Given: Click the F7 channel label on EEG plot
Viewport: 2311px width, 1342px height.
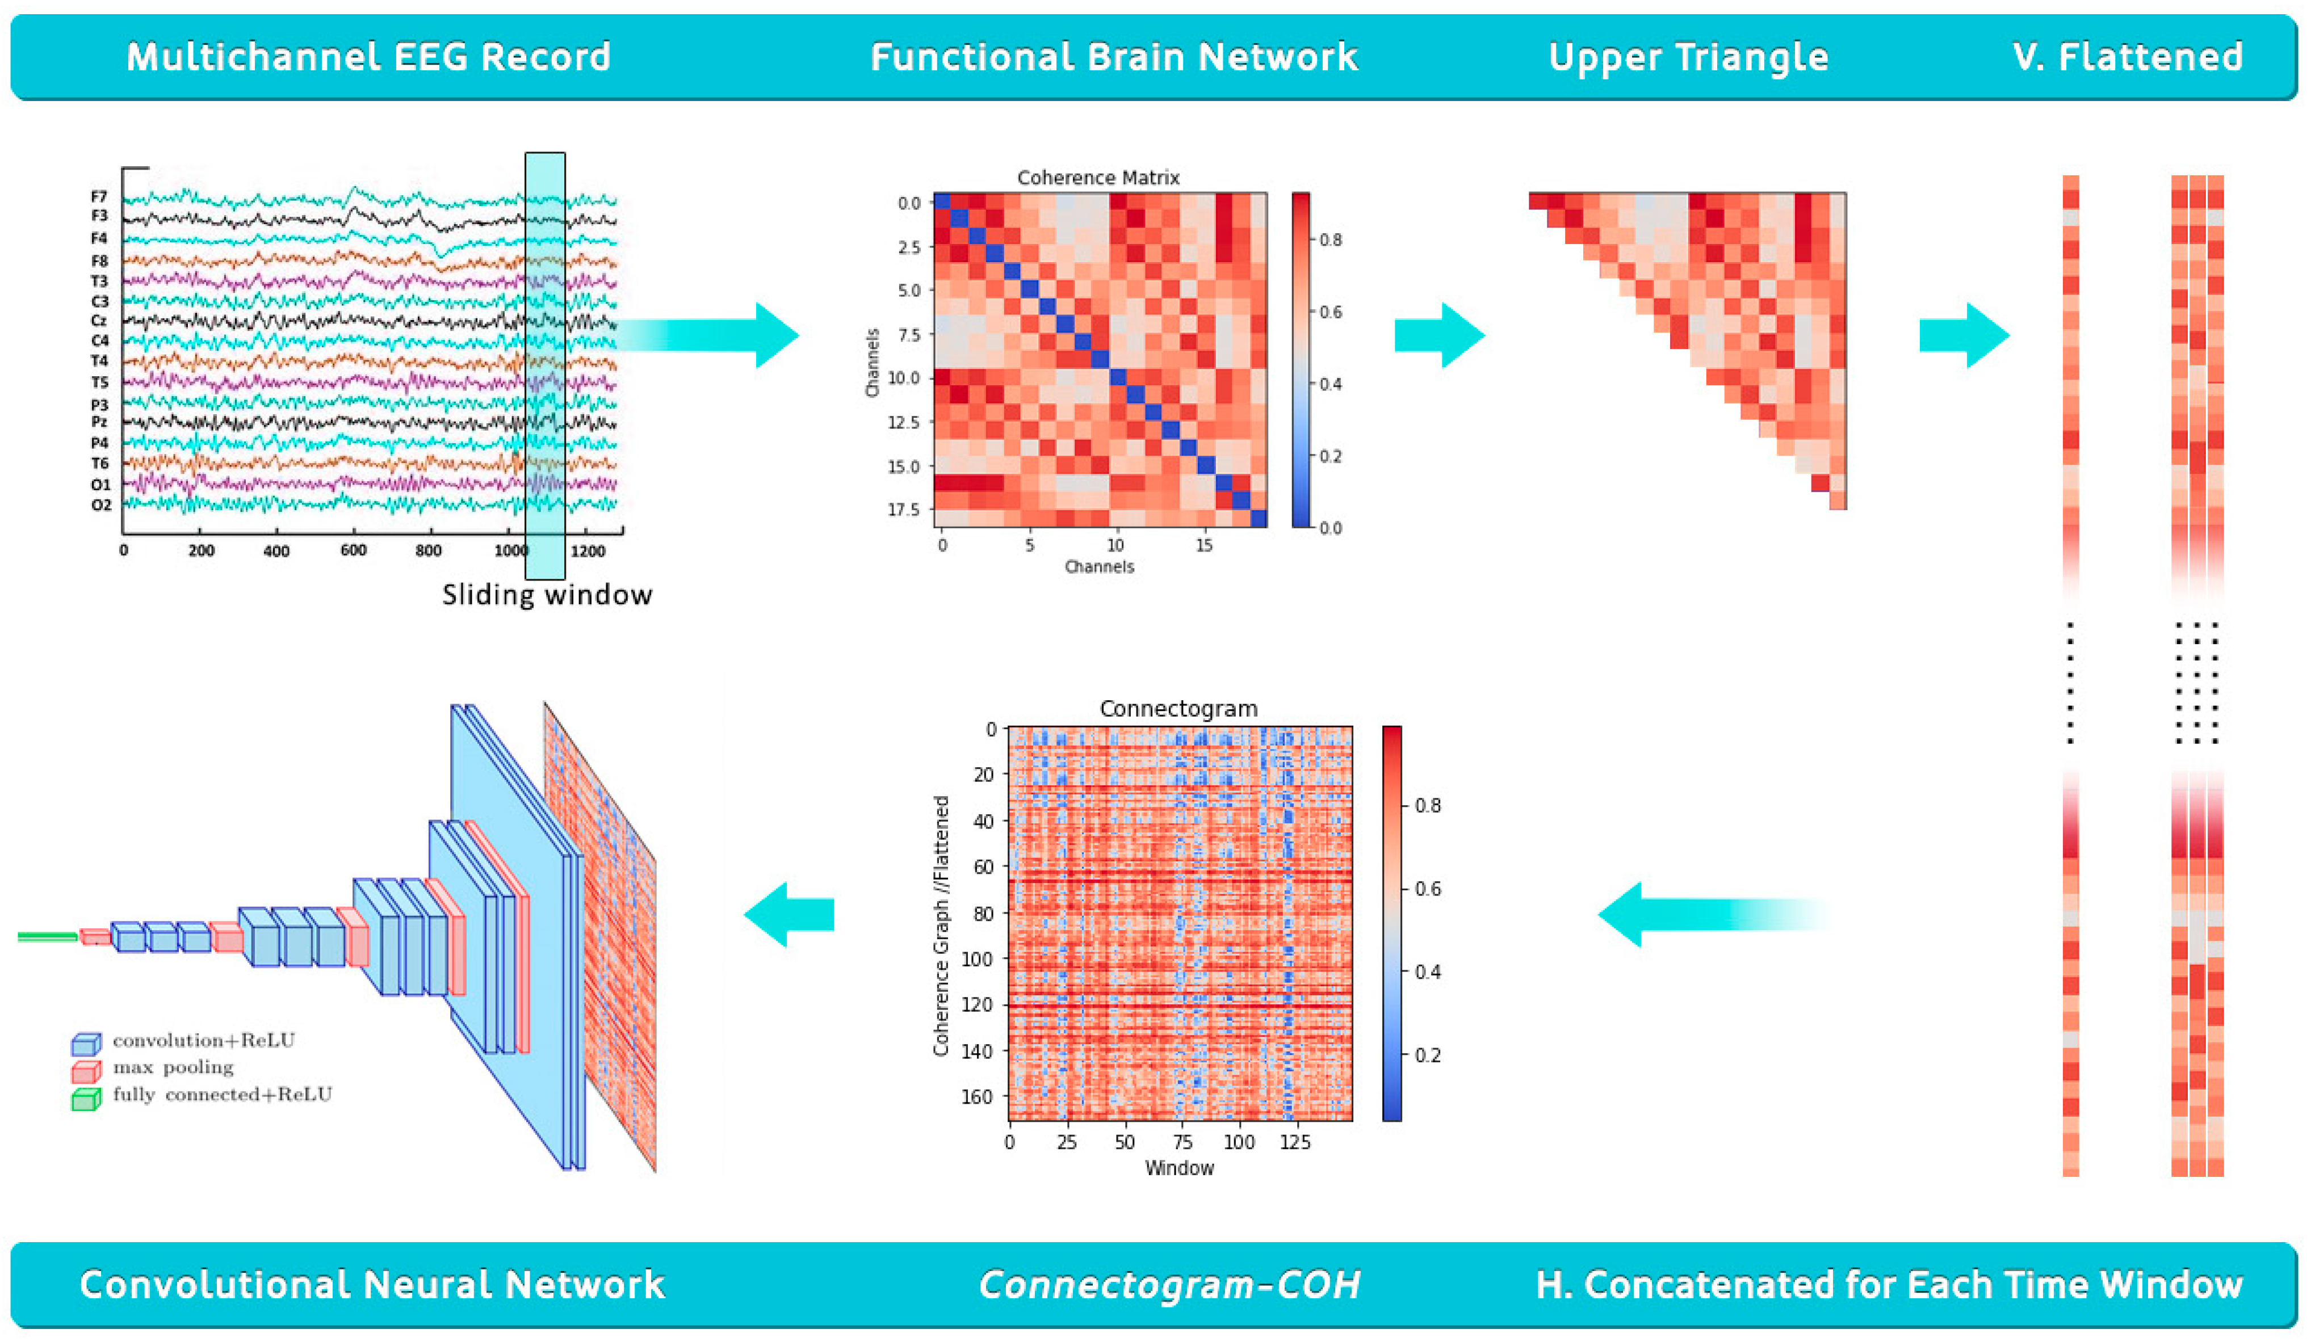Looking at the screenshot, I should point(99,196).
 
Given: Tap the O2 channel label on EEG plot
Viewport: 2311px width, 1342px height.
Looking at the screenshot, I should point(101,505).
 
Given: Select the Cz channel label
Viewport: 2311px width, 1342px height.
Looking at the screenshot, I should point(99,321).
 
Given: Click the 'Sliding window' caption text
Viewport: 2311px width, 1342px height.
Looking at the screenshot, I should point(547,595).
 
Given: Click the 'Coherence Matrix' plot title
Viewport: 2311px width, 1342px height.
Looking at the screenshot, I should point(1098,178).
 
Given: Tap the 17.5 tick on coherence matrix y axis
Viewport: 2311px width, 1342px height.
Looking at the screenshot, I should point(904,509).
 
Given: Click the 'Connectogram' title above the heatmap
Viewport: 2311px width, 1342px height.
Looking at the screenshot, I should point(1178,709).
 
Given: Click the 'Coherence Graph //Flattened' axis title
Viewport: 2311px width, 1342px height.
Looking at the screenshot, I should point(941,926).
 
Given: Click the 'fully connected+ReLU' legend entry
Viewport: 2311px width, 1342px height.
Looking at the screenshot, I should point(222,1095).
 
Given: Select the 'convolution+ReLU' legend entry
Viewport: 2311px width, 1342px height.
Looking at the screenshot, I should point(204,1041).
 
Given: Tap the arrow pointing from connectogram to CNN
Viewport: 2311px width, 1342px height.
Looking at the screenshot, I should point(788,914).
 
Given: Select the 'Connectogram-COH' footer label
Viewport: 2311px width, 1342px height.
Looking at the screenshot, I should point(1169,1284).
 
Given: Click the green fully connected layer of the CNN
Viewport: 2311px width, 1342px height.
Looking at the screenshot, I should point(48,936).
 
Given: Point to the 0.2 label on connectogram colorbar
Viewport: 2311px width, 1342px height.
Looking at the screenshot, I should point(1427,1055).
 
